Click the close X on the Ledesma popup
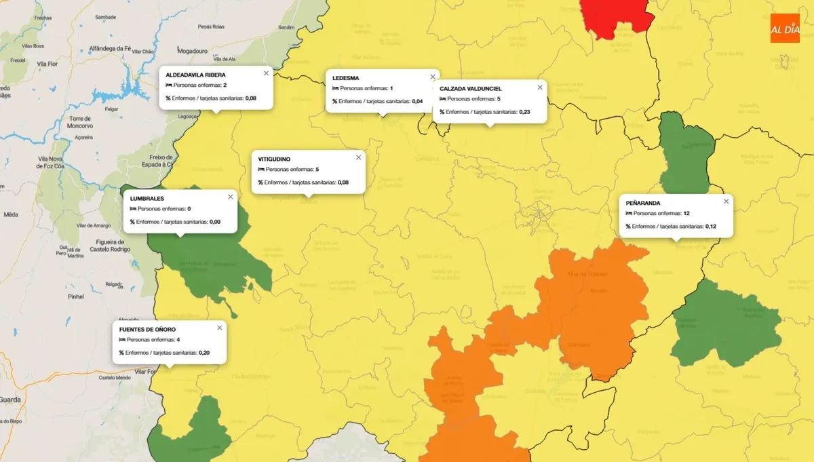pos(432,77)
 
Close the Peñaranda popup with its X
pos(726,201)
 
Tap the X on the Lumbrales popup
pos(230,197)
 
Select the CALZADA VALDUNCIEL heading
pos(470,89)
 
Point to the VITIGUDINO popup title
pos(274,159)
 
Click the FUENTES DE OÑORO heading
pos(147,329)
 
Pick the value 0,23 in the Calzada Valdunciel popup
pos(524,112)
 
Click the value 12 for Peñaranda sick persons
pos(686,213)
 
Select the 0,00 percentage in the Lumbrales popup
pos(215,222)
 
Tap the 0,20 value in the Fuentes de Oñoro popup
pos(204,353)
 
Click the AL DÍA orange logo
pos(785,28)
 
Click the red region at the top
pos(614,17)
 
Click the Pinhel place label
pos(76,296)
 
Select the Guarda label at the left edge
pos(11,400)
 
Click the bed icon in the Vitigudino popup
pos(261,170)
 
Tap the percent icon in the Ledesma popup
pos(334,101)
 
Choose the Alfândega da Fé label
pos(110,49)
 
